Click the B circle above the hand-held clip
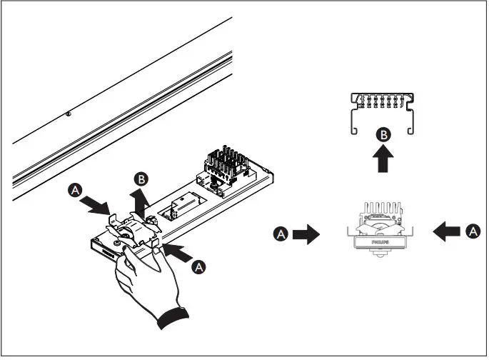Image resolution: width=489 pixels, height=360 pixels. tap(143, 179)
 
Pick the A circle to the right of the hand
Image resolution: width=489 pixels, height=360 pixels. tap(199, 265)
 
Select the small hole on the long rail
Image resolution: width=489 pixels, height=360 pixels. tap(66, 112)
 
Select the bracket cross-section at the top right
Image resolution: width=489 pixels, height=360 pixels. tap(384, 111)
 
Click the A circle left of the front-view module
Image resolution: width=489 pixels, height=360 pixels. tap(283, 234)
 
